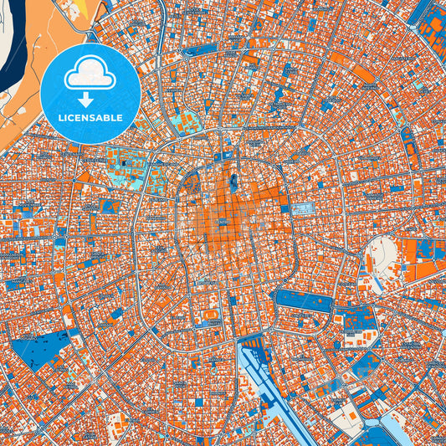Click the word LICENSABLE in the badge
point(90,118)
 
